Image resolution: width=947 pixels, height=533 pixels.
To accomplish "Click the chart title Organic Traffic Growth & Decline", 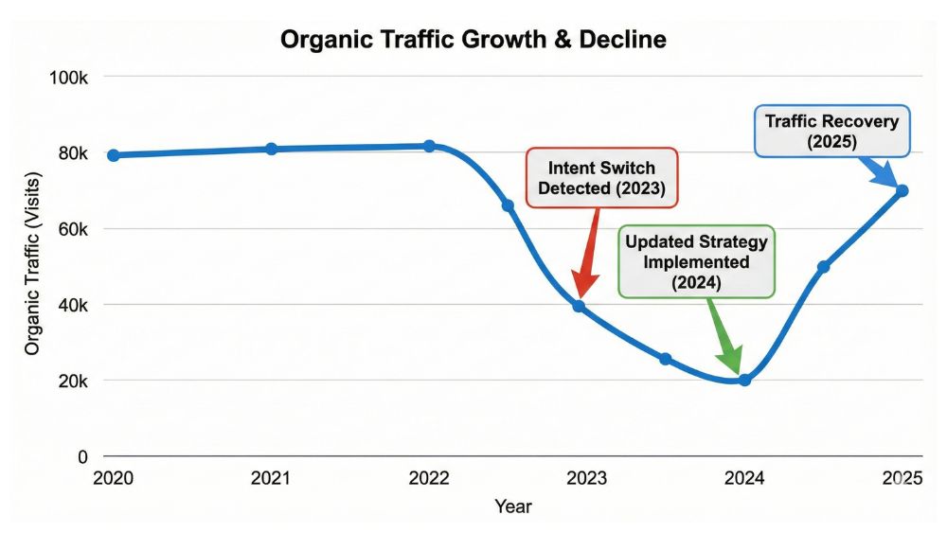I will point(473,40).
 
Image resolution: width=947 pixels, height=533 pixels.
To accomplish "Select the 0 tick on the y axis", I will point(82,456).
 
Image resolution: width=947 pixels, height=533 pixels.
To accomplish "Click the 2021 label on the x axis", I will point(271,480).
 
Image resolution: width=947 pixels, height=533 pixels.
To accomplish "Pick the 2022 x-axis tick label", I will point(429,480).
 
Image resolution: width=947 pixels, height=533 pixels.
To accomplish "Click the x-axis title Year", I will point(512,507).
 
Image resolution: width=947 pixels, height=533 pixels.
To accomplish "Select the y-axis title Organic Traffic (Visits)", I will point(32,267).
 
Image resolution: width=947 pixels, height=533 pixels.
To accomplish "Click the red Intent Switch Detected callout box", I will point(602,177).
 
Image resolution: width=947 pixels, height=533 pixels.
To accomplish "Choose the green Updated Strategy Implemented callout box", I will point(696,261).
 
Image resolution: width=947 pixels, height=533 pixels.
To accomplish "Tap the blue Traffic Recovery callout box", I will point(832,131).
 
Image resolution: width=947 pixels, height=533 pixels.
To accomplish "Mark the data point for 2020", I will point(114,155).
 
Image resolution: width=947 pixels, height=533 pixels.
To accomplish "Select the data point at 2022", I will point(429,146).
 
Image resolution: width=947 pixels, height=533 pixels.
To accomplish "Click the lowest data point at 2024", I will point(744,380).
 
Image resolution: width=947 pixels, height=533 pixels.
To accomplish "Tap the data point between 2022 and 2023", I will point(508,205).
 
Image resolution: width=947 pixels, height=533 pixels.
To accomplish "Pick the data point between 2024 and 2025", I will point(823,267).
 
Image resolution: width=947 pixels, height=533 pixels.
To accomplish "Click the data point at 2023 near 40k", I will point(579,306).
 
